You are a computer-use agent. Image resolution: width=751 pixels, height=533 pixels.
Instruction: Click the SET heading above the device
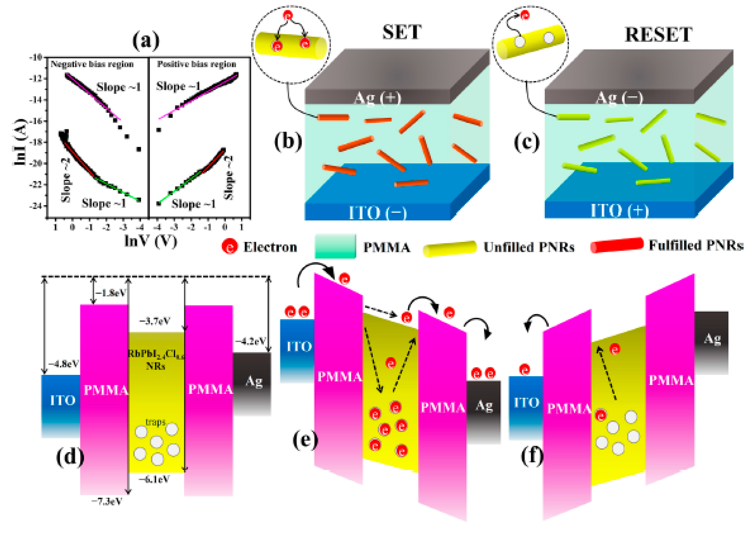[402, 32]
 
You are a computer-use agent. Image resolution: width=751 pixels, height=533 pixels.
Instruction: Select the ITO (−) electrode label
[378, 213]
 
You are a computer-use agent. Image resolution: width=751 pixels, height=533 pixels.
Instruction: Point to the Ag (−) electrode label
[619, 98]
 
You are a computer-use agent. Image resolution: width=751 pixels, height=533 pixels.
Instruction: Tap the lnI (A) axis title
[19, 142]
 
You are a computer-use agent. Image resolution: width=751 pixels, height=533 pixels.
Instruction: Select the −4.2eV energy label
[250, 341]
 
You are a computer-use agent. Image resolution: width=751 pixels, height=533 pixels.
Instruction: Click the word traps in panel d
[155, 422]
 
